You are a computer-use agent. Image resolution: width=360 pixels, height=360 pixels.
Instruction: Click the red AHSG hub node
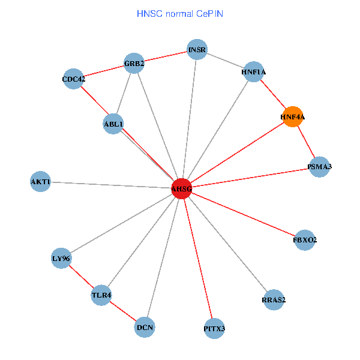(181, 189)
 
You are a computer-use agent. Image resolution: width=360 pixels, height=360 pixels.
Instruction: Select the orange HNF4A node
(292, 117)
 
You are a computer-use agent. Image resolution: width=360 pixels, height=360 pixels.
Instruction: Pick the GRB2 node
(134, 63)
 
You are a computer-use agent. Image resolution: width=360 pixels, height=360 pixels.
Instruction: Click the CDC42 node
(73, 79)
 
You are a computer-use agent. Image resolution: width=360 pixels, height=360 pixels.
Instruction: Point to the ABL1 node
(113, 124)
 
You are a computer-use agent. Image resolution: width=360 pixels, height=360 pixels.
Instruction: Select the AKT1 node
(40, 181)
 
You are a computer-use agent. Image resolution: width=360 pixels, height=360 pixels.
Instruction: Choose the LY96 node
(61, 259)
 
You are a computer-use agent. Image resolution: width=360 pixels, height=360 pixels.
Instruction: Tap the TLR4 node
(101, 295)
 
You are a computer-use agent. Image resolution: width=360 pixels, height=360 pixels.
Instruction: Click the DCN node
(145, 328)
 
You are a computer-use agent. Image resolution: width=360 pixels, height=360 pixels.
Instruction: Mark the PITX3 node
(214, 328)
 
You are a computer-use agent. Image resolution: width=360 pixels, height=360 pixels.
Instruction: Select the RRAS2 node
(274, 299)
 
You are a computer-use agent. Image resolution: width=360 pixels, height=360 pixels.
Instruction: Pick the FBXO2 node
(305, 240)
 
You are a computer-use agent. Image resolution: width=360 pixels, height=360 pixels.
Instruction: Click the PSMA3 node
(319, 166)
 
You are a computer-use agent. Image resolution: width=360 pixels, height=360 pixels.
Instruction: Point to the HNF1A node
(253, 72)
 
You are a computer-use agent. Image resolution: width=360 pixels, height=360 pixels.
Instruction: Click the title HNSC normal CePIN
(180, 13)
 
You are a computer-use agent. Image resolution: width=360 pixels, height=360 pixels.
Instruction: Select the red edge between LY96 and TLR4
(81, 277)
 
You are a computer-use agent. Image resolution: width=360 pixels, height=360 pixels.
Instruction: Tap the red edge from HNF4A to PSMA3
(306, 142)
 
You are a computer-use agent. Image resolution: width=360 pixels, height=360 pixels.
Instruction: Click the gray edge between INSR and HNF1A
(226, 61)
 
